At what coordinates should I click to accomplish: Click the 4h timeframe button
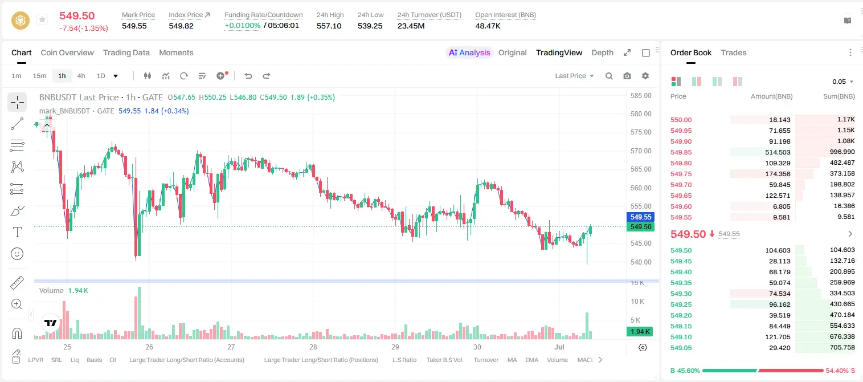click(81, 76)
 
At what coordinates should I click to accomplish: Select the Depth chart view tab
click(602, 52)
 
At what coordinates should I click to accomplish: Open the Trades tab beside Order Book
click(733, 52)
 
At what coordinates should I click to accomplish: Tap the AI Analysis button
click(469, 52)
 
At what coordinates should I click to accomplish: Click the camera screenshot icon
click(627, 76)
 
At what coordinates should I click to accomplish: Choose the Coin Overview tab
click(67, 52)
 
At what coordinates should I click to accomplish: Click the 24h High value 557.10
click(329, 26)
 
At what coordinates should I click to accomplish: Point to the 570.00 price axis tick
click(641, 151)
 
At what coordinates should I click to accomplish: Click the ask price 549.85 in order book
click(681, 152)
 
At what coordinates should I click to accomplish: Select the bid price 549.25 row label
click(681, 304)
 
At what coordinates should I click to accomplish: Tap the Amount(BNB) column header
click(771, 96)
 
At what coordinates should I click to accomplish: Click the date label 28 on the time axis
click(313, 347)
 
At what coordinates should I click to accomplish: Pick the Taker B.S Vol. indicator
click(444, 360)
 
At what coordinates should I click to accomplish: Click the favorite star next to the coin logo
click(42, 19)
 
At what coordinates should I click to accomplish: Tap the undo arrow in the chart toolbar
click(248, 76)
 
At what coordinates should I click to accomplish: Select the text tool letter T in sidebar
click(17, 232)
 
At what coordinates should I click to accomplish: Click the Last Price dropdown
click(574, 76)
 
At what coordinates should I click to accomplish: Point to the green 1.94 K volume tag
click(640, 331)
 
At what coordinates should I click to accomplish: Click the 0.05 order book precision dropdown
click(842, 82)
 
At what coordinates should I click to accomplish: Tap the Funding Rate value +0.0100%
click(242, 26)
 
